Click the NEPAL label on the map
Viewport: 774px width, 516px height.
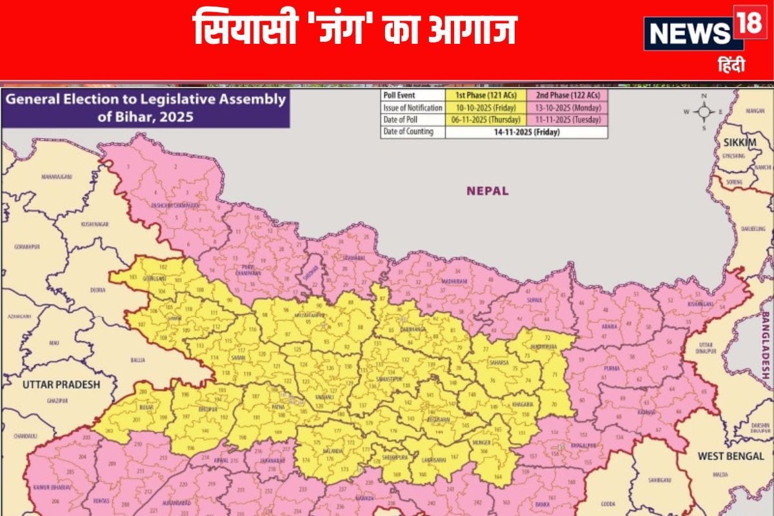[488, 191]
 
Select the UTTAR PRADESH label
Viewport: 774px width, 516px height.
[61, 384]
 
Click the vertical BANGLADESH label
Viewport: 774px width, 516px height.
[766, 346]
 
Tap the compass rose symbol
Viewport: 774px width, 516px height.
[703, 111]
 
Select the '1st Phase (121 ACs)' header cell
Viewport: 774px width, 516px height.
[477, 96]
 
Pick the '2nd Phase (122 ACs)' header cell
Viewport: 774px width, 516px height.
[566, 96]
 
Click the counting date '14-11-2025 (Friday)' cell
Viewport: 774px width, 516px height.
[526, 132]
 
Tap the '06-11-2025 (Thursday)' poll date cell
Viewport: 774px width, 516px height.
[477, 120]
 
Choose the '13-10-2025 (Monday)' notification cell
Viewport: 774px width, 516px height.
[566, 108]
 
